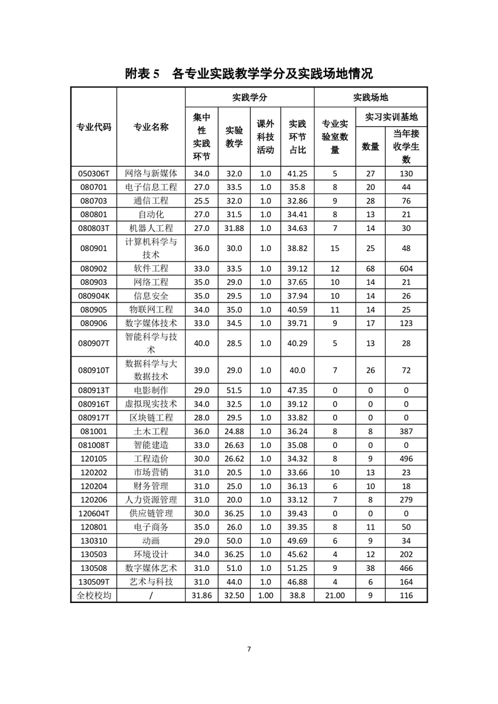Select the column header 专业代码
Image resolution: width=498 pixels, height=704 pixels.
coord(93,127)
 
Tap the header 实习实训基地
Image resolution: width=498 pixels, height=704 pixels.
coord(391,117)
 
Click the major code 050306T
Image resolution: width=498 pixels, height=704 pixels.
coord(93,174)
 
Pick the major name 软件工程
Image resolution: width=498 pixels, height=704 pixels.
coord(151,268)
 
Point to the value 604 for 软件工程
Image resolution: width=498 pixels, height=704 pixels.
coord(406,268)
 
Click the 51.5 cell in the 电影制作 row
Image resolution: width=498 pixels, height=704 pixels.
coord(234,390)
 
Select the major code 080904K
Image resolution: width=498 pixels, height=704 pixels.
coord(93,296)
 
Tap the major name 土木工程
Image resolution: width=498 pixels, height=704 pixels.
coord(151,432)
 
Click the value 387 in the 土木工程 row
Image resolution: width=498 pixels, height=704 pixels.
coord(406,432)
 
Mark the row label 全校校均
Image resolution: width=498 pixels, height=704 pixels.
coord(93,595)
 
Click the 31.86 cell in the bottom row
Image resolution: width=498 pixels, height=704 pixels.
coord(201,595)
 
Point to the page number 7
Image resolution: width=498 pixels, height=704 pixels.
coord(249,649)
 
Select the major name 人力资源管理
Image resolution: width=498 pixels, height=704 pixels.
coord(151,500)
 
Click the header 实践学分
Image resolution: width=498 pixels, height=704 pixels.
coord(249,97)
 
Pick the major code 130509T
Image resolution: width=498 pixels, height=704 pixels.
coord(93,582)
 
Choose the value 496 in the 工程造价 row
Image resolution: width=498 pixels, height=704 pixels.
coord(406,459)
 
